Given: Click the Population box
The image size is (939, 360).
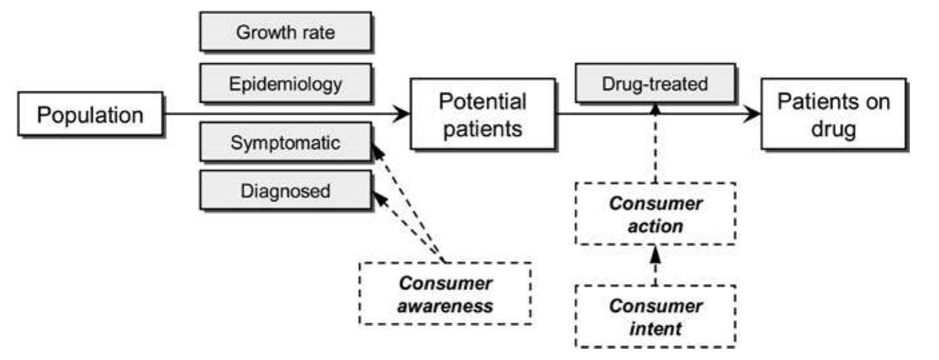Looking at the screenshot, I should coord(90,115).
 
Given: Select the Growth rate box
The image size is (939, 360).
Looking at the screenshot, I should coord(285,32).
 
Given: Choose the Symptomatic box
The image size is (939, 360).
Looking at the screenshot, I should coord(285,142).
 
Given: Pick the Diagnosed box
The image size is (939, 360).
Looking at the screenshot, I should coord(285,191).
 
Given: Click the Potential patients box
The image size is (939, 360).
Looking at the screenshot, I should coord(482,115).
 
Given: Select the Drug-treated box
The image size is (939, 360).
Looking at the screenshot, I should coord(654,85).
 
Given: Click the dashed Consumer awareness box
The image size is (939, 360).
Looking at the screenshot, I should coord(445,293).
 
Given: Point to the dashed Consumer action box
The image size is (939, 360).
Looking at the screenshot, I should coord(656,214).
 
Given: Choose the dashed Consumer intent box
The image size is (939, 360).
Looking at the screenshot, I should coord(656,316).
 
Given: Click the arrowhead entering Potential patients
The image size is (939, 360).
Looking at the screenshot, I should coord(401,115).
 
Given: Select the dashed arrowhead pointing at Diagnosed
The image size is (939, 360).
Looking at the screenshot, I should coord(377,197).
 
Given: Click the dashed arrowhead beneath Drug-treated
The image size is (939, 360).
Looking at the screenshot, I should coord(656,110).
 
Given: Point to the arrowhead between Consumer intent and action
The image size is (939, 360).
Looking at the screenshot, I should coord(656,253).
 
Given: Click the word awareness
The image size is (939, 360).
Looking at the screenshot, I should coord(445,306).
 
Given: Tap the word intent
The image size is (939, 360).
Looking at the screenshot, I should coord(656,328).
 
